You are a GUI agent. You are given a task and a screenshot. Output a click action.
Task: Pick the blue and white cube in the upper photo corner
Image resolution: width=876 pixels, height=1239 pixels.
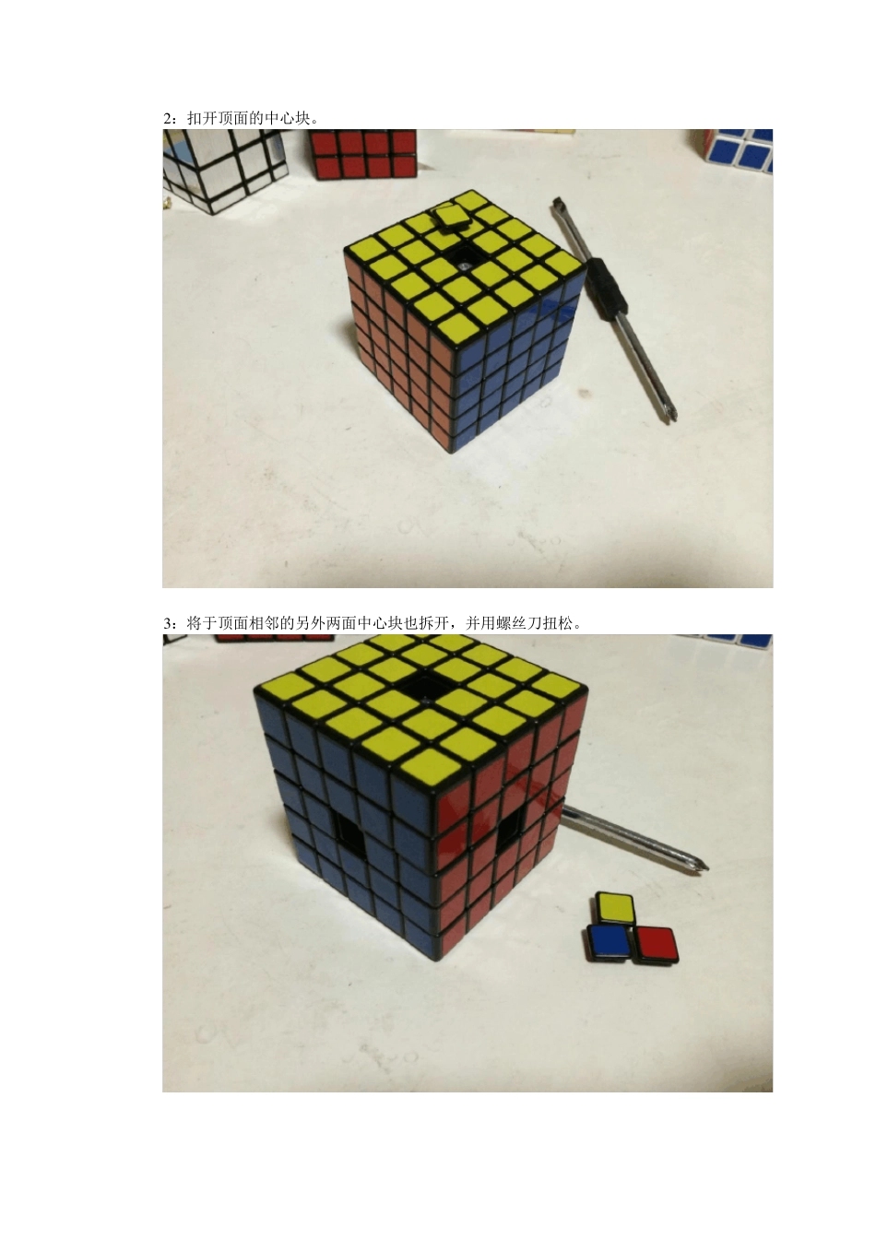click(737, 150)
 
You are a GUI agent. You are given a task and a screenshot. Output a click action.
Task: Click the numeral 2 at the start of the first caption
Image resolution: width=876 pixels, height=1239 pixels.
click(167, 119)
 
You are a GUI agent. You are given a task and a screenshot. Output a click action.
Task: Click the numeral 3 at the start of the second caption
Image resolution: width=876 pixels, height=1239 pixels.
click(167, 624)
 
